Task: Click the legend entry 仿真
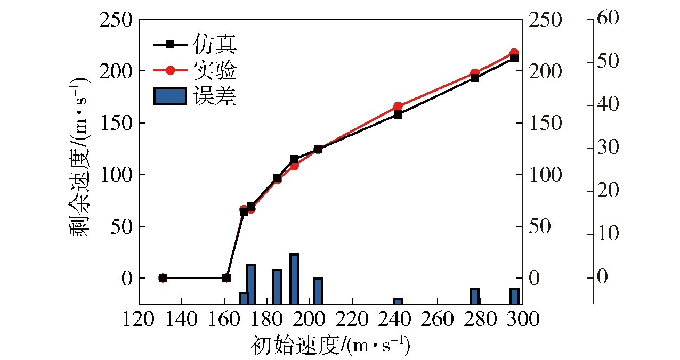coord(214,45)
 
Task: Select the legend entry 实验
coord(214,70)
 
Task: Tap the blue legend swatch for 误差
coord(170,96)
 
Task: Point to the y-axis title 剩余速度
coord(79,160)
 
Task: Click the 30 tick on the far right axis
coord(609,149)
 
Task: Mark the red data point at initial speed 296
coord(514,53)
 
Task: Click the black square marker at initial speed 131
coord(163,278)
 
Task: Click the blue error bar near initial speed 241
coord(398,301)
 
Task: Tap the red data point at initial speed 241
coord(398,107)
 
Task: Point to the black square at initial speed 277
coord(474,78)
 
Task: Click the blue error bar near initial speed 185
coord(277,287)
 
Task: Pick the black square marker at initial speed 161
coord(226,278)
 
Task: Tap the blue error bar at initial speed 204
coord(318,291)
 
